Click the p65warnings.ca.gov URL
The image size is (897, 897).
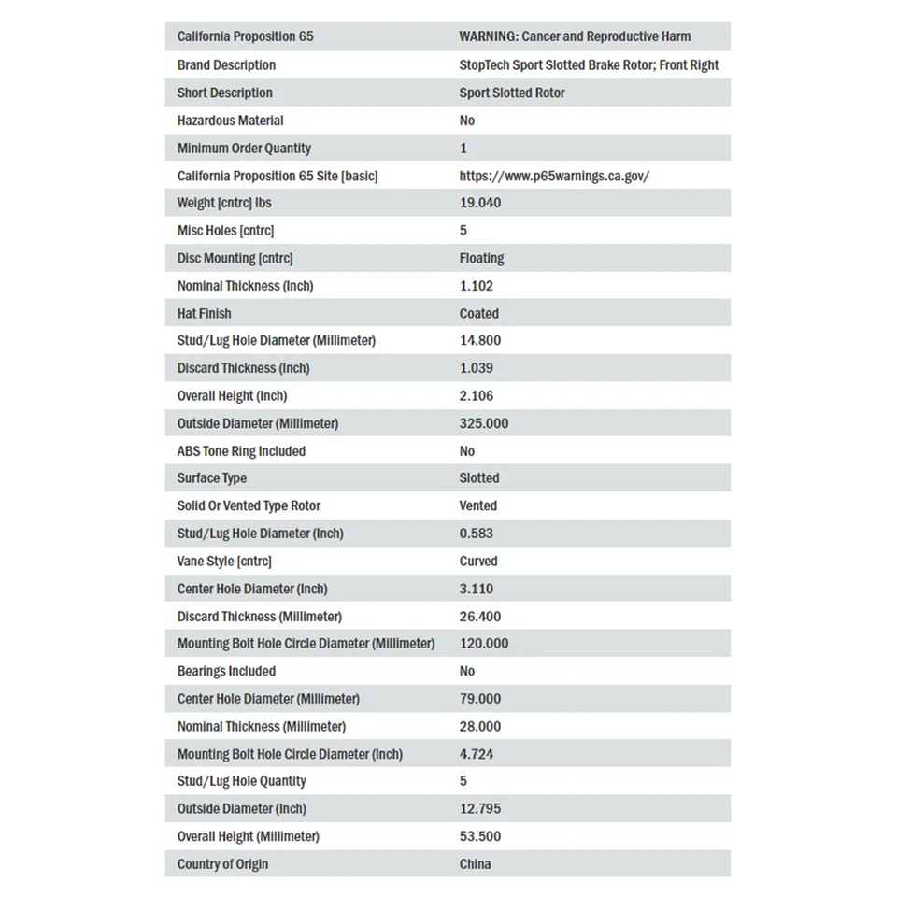click(x=554, y=176)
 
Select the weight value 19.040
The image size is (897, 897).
click(x=480, y=203)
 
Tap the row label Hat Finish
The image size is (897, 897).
click(x=204, y=314)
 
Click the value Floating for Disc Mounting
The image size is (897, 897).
click(x=481, y=258)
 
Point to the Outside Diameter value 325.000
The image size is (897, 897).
click(x=484, y=423)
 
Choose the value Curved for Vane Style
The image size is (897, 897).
click(x=478, y=562)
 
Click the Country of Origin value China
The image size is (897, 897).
click(x=475, y=864)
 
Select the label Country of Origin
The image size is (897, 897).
click(x=222, y=864)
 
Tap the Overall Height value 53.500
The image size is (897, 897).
click(x=480, y=836)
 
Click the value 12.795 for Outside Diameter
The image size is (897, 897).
click(x=480, y=809)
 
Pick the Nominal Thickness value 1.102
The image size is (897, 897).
click(x=477, y=286)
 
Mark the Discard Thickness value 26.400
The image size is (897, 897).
click(x=480, y=617)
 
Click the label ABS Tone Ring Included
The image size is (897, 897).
click(x=241, y=451)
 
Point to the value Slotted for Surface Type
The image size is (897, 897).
click(x=479, y=478)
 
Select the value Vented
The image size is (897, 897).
click(x=478, y=505)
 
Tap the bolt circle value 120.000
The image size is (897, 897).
click(x=484, y=644)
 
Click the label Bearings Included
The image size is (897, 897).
click(x=226, y=671)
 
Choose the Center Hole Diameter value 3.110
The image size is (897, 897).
click(x=477, y=589)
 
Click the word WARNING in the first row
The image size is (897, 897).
click(x=488, y=36)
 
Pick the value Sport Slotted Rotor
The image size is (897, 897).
click(x=512, y=93)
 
